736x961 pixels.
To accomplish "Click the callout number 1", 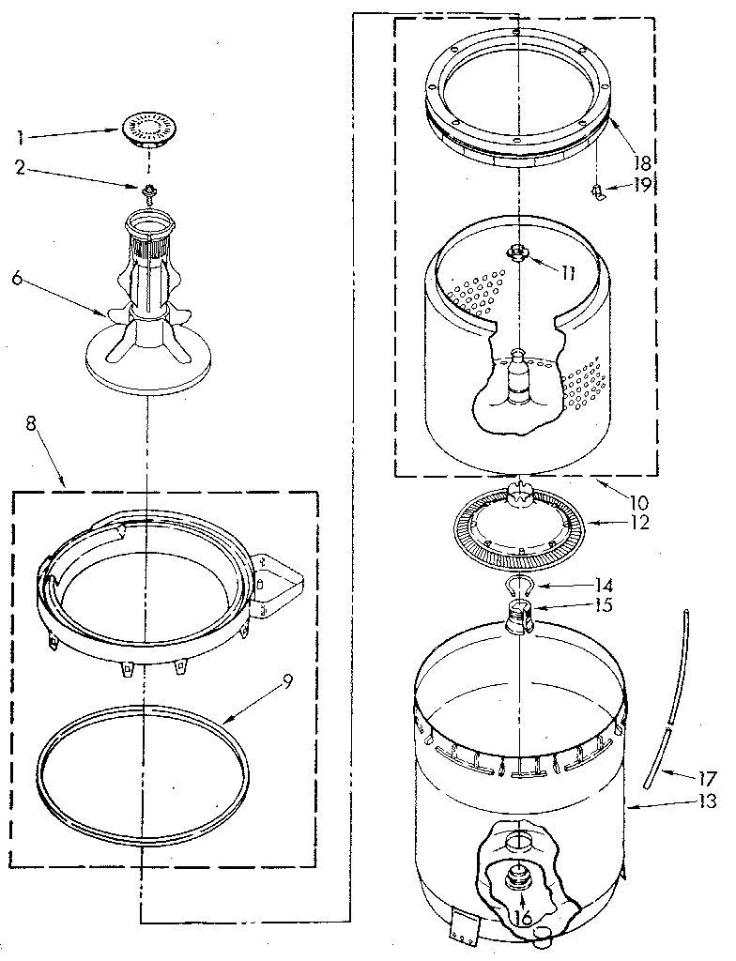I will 20,137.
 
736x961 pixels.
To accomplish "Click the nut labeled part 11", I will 515,252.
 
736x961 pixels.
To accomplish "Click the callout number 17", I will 706,778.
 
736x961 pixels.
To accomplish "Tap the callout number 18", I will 642,161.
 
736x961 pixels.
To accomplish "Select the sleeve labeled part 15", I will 517,619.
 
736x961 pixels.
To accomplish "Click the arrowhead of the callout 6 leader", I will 106,313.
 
